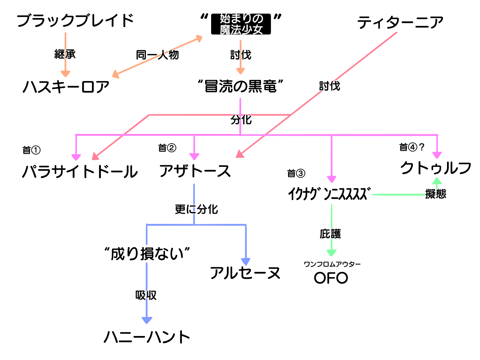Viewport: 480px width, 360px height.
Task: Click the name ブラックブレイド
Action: point(75,21)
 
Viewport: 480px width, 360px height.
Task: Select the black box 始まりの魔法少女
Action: point(241,24)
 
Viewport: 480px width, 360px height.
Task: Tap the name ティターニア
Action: point(400,22)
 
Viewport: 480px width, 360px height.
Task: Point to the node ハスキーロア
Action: point(66,87)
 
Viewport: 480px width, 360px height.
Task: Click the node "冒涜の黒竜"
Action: point(240,87)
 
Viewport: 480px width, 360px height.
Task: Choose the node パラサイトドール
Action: point(80,172)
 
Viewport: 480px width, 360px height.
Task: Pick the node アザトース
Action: point(195,171)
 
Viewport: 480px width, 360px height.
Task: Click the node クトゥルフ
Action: point(436,168)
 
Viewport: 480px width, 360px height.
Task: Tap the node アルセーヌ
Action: point(245,273)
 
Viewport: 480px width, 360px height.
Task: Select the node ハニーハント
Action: point(147,337)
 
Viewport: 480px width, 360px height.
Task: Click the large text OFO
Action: point(331,278)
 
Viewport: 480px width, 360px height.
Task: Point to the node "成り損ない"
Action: point(147,254)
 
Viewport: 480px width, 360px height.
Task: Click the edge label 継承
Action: point(65,54)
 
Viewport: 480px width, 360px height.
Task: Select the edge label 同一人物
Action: point(157,55)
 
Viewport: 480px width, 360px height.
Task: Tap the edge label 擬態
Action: point(436,194)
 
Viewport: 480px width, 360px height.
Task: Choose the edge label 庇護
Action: point(330,234)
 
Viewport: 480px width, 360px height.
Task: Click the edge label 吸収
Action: point(146,295)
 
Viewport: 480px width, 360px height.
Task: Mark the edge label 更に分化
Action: point(196,209)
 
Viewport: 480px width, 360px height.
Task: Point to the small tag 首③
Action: point(296,173)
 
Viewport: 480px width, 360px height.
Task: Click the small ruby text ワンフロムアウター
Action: point(332,264)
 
